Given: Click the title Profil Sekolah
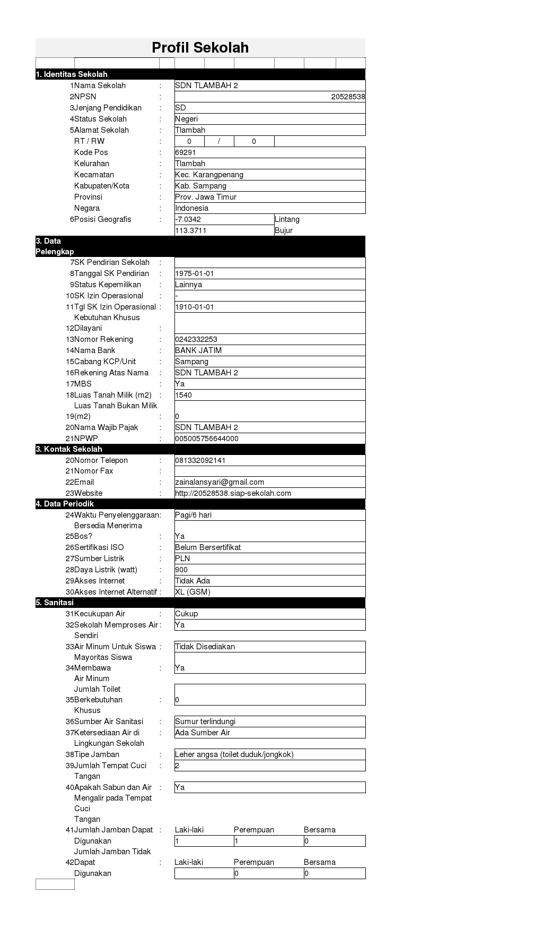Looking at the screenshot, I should [x=200, y=48].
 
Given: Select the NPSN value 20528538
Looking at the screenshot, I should [x=347, y=97].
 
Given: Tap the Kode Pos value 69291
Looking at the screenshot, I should [x=186, y=152].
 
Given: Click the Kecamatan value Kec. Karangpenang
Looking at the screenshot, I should [x=209, y=175].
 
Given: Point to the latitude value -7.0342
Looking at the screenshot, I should [x=188, y=219].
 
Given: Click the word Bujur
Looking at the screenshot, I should [x=284, y=230].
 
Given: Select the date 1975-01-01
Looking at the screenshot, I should [x=195, y=273].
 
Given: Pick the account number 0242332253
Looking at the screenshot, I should [x=196, y=339].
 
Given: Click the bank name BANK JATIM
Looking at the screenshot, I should [x=198, y=350].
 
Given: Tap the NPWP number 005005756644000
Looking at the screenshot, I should [x=207, y=439].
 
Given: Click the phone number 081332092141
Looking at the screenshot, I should [x=200, y=460].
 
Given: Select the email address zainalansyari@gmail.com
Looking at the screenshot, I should [x=220, y=482].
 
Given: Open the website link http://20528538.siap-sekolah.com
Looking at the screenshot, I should [x=233, y=493].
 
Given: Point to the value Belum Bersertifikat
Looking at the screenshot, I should [x=208, y=547].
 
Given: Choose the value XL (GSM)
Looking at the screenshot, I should [x=192, y=592].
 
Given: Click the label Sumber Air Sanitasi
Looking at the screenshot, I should [x=109, y=721].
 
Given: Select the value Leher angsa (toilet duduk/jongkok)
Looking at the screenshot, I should [x=234, y=754].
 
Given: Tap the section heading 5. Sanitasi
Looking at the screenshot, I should [x=55, y=603].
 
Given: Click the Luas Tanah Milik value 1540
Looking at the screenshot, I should [x=183, y=395].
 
